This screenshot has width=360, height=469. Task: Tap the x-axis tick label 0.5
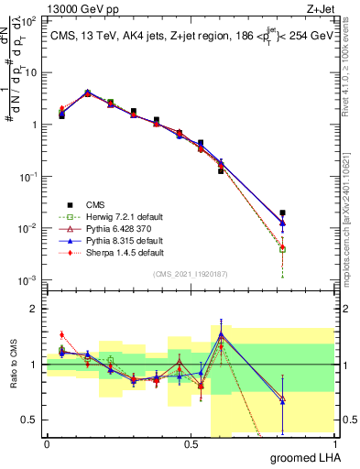[191, 443]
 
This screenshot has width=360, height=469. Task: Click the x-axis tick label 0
[47, 443]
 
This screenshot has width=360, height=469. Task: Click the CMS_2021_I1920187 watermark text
[191, 274]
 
